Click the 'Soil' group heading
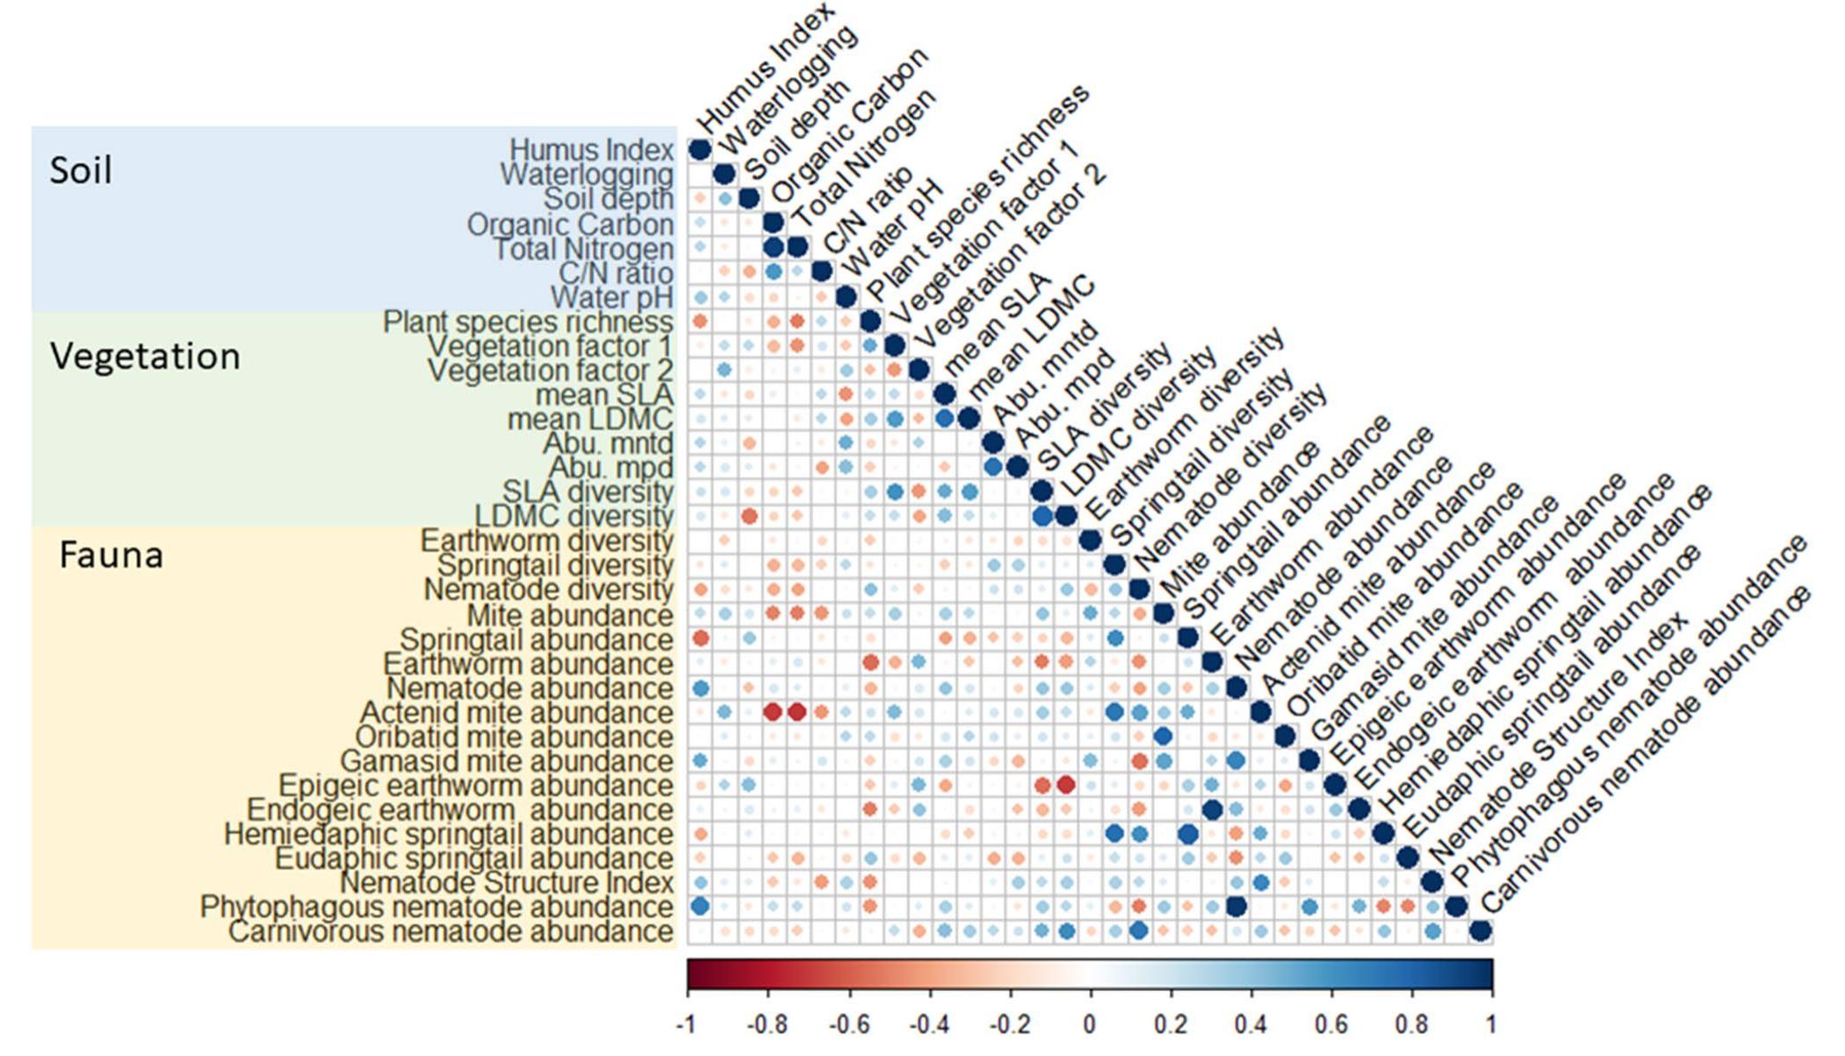(81, 170)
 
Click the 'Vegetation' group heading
(145, 356)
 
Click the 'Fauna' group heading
(111, 555)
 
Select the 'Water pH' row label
(611, 298)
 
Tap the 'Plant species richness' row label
(528, 322)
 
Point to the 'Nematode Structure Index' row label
(507, 882)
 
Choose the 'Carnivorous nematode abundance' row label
(450, 931)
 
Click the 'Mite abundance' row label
(569, 615)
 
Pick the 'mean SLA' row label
(604, 395)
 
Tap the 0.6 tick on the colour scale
(1331, 1024)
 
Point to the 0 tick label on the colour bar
(1090, 1024)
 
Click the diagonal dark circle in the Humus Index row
(699, 150)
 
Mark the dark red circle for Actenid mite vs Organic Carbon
(773, 712)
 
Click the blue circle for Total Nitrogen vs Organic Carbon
(773, 248)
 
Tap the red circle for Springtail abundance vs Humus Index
(700, 637)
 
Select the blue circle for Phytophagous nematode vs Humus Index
(700, 906)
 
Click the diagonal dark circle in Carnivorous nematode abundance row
(1481, 930)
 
